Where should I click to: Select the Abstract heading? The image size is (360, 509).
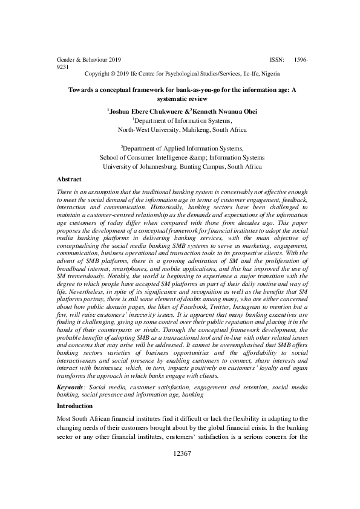70,180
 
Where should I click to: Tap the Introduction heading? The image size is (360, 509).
76,406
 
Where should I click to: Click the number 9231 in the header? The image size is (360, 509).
62,68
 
